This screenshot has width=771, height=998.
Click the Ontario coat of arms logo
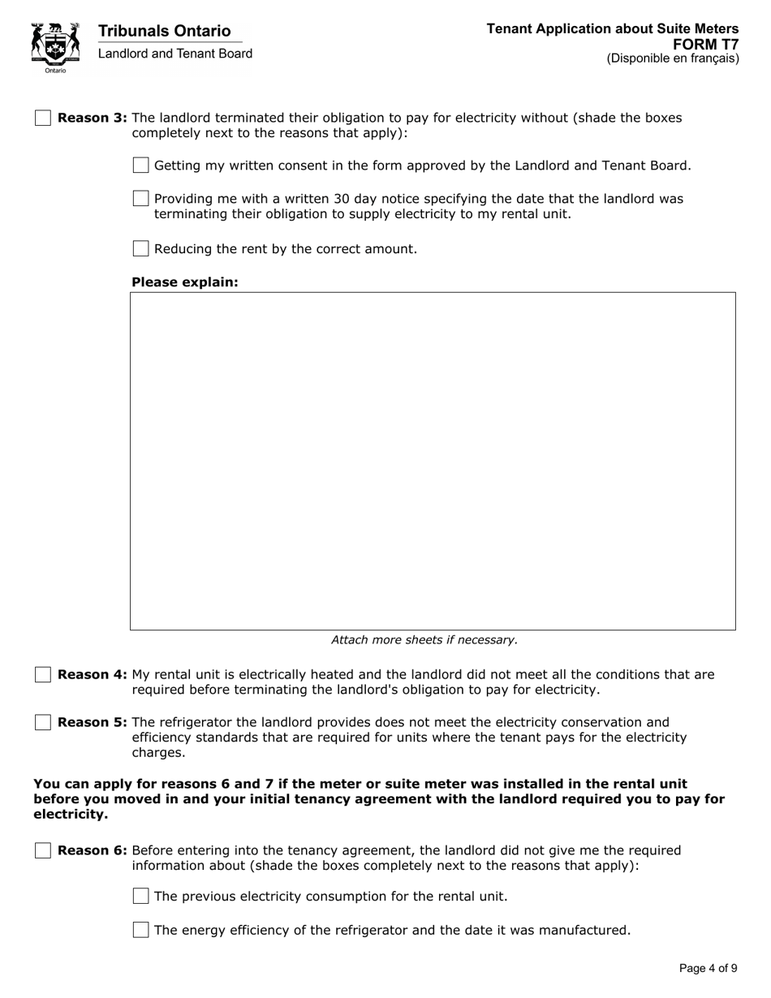click(x=55, y=47)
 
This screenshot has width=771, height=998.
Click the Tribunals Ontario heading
click(x=164, y=31)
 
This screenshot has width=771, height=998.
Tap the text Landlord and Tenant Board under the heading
click(x=174, y=54)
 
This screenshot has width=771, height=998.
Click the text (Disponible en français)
click(x=672, y=58)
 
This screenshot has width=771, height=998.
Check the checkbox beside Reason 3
click(x=43, y=118)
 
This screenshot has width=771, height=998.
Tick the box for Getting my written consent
click(x=140, y=166)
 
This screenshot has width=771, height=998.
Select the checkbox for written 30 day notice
click(x=140, y=199)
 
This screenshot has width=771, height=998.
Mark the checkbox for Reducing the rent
click(x=140, y=248)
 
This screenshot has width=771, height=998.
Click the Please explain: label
click(x=185, y=282)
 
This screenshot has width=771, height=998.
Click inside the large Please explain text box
click(x=433, y=461)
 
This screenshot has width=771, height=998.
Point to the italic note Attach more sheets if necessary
click(x=424, y=639)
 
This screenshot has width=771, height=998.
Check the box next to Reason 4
click(x=43, y=675)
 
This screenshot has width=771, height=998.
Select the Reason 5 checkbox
click(x=43, y=723)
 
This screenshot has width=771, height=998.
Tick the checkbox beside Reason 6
click(x=43, y=850)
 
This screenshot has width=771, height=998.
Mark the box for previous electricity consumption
click(x=140, y=897)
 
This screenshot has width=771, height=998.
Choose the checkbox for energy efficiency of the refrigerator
click(x=140, y=930)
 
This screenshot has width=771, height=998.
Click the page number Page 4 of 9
click(x=708, y=968)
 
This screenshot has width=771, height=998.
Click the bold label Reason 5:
click(x=93, y=723)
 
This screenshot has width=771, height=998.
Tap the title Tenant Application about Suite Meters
click(x=612, y=29)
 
